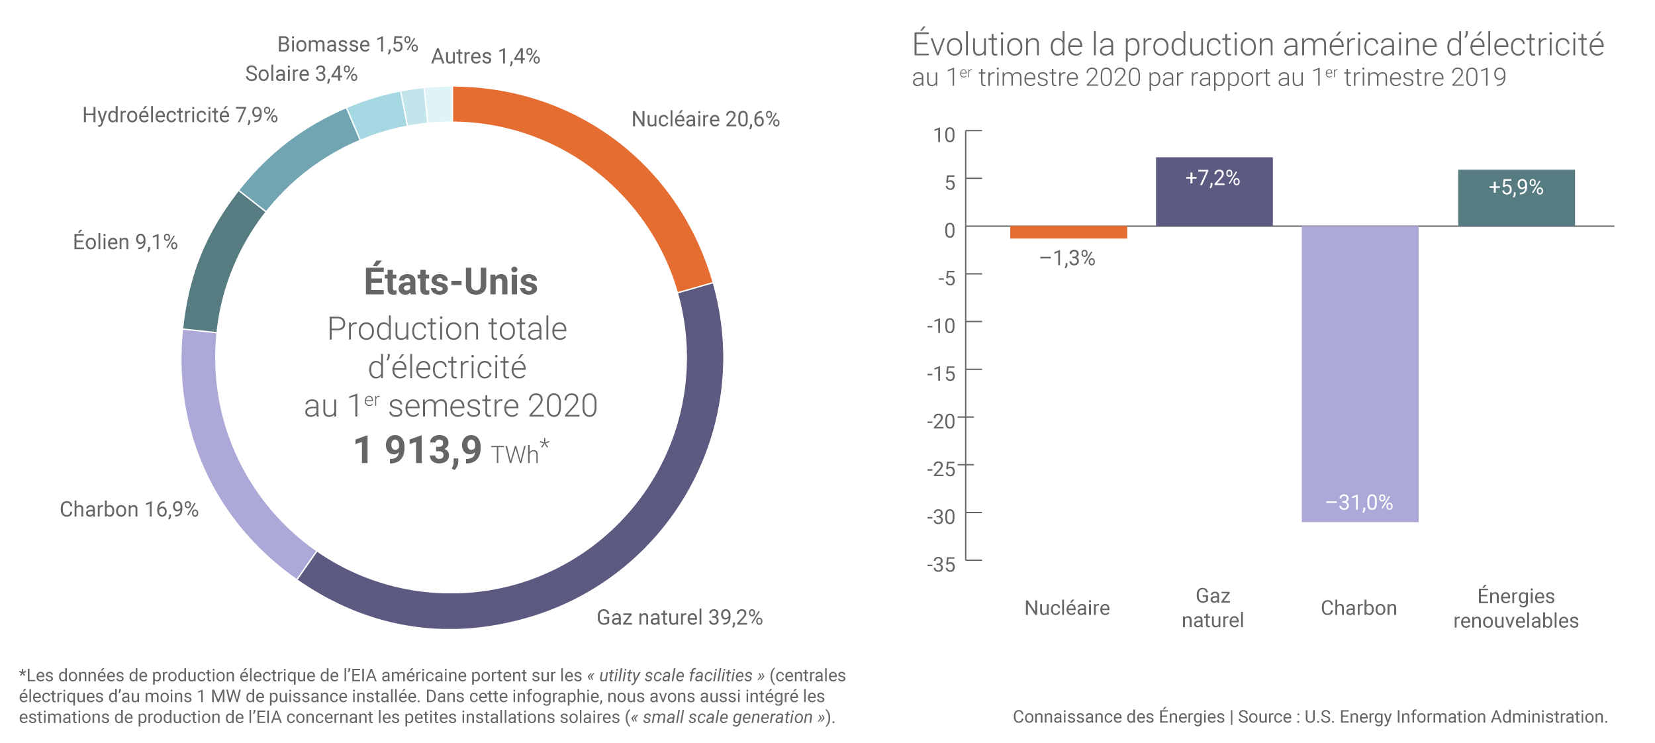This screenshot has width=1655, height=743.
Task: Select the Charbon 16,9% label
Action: (129, 509)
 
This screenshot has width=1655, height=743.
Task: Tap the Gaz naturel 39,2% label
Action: (679, 617)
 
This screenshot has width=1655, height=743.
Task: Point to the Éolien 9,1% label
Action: (125, 242)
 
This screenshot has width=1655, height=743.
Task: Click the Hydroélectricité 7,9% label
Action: (179, 115)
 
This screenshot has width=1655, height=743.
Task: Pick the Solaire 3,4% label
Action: (301, 74)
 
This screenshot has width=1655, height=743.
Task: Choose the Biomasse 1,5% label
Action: (348, 44)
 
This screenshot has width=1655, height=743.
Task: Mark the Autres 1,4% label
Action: (485, 56)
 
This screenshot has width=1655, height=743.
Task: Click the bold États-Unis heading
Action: (451, 281)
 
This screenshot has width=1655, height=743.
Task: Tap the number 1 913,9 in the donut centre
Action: (418, 450)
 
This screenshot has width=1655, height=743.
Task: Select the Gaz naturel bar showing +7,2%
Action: (1213, 192)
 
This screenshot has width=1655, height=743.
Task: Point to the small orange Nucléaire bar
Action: (1068, 232)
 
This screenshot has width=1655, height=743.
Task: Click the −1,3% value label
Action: (1067, 258)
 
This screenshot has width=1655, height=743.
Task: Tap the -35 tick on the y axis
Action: (941, 565)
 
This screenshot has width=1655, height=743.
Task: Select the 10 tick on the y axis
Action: (944, 135)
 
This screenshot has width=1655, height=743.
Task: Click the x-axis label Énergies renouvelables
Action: (1515, 608)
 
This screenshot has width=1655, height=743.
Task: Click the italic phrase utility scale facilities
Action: (675, 675)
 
